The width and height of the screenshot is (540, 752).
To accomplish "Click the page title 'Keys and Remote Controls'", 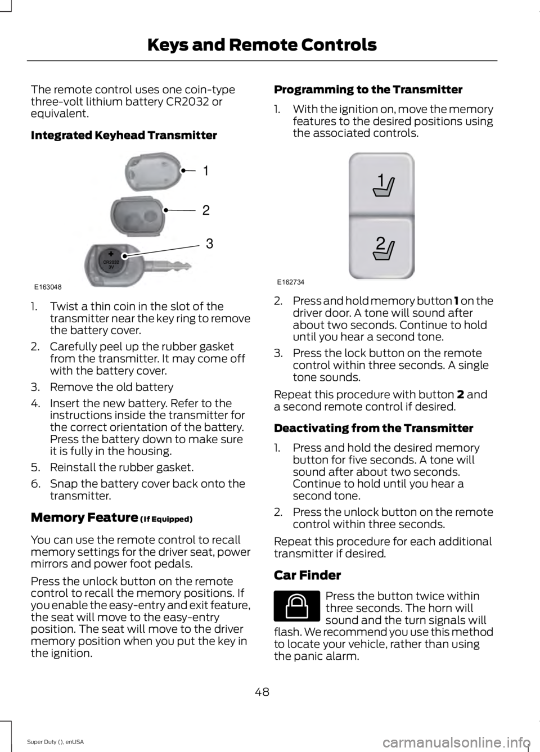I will pos(262,44).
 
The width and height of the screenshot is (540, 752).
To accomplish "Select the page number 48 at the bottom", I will pos(262,691).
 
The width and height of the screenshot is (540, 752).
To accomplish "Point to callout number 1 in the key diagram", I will pos(205,170).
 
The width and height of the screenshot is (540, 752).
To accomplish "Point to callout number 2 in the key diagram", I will pos(206,210).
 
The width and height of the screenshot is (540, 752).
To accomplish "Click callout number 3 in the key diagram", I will pos(209,244).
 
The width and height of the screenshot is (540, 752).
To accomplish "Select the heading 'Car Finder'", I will pos(307,575).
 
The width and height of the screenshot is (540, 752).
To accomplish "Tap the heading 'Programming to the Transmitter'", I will pos(368,89).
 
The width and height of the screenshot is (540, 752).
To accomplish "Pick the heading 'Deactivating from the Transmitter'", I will pos(373,428).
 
